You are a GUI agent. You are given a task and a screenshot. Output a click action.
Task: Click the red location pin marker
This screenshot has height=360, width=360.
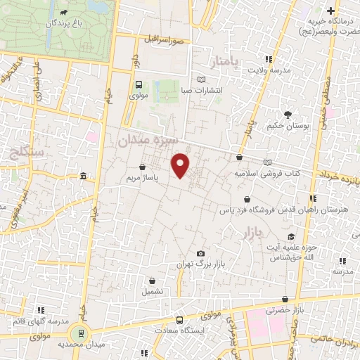coord(181,166)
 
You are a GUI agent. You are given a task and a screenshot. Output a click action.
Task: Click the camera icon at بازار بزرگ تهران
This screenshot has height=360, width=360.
coord(201,253)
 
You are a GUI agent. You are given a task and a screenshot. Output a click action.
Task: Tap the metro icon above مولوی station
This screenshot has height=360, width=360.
coord(138,84)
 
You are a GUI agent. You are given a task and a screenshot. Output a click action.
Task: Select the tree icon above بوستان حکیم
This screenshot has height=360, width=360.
coord(287,114)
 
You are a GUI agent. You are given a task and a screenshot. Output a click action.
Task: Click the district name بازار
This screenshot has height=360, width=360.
coord(254,232)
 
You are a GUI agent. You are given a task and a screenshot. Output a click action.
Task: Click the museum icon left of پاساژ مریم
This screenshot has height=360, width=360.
coord(84,176)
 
